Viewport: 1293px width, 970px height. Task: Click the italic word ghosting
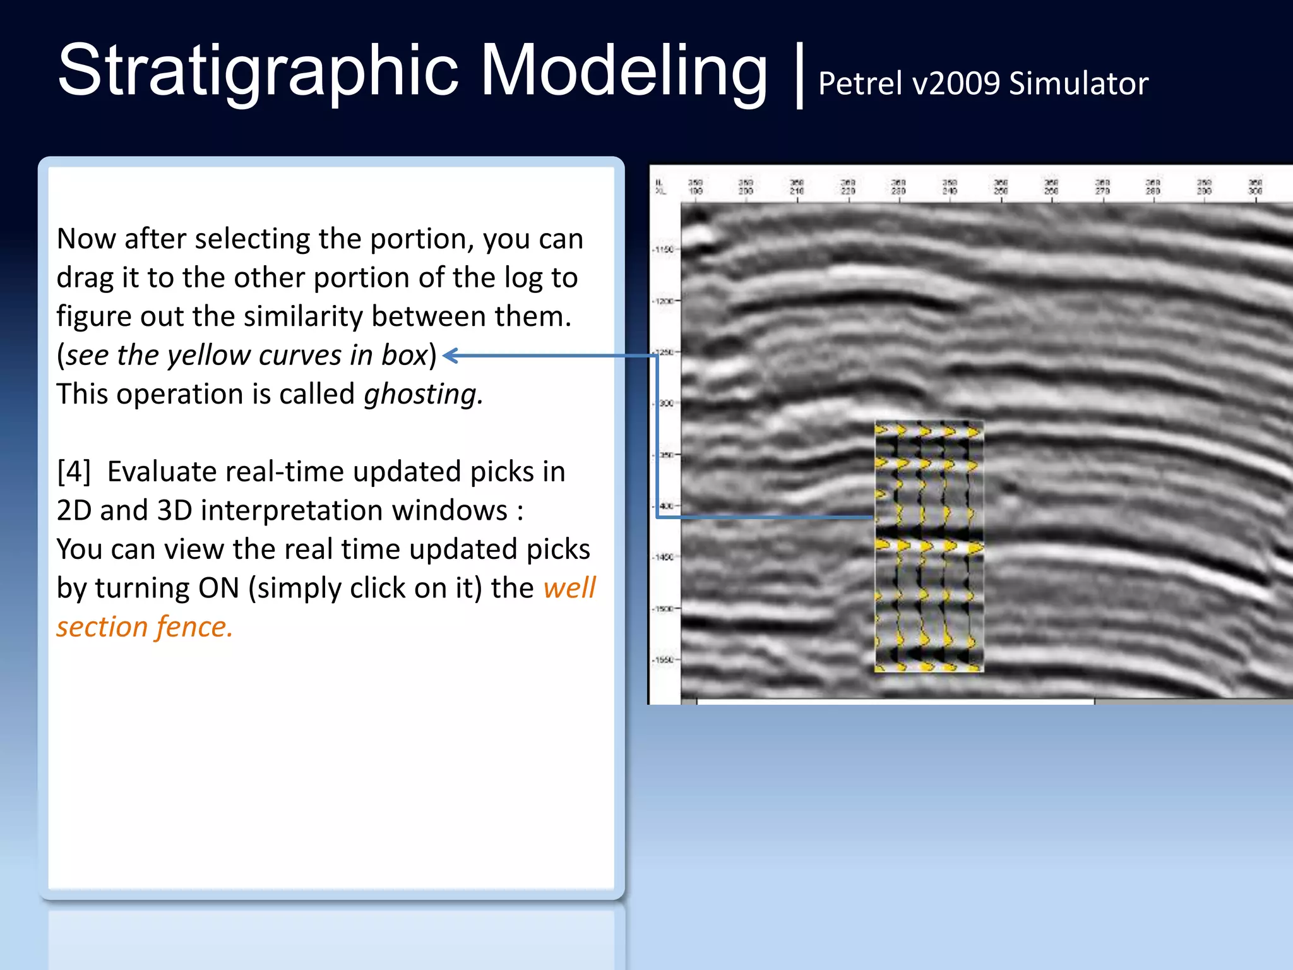(423, 395)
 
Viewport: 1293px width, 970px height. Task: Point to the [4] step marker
(74, 472)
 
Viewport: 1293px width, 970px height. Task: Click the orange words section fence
(145, 627)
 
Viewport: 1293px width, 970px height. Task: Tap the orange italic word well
(569, 588)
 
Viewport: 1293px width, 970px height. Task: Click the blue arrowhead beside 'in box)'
(450, 356)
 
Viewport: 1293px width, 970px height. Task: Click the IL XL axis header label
(660, 187)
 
